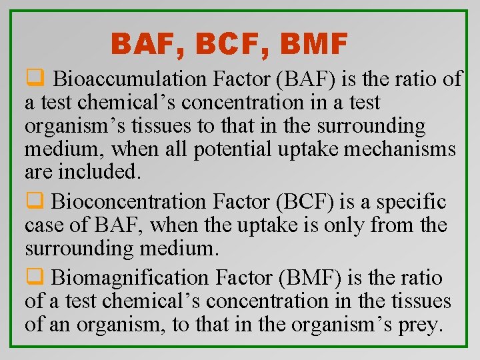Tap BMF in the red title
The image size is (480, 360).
point(315,45)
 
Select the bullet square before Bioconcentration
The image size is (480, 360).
point(33,201)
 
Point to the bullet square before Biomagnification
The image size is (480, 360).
point(33,276)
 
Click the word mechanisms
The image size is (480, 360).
point(399,149)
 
